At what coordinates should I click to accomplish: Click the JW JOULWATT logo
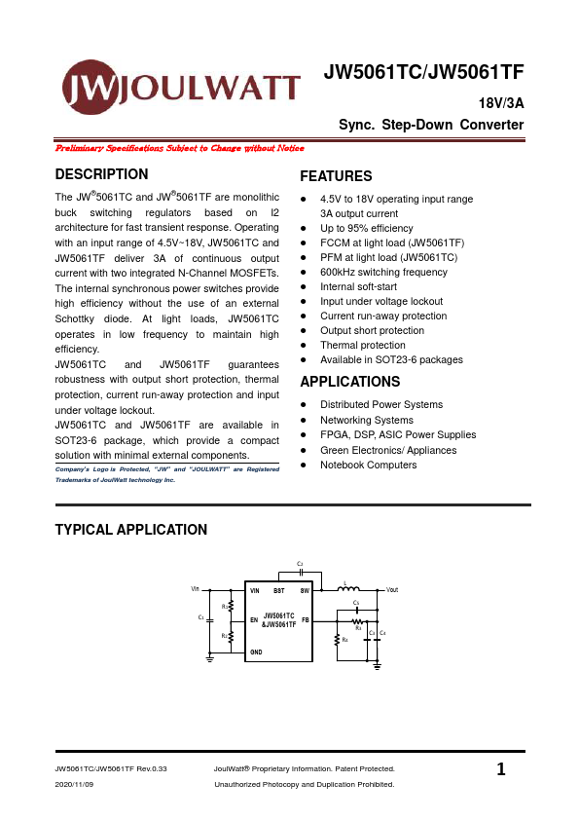[x=181, y=89]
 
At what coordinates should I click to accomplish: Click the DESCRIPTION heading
[x=102, y=174]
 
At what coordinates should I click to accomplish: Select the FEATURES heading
[x=336, y=176]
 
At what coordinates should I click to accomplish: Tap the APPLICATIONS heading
[x=350, y=382]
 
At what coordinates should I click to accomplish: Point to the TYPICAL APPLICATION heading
[x=131, y=530]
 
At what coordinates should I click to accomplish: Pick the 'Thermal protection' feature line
[x=363, y=346]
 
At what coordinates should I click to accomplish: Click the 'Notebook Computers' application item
[x=368, y=465]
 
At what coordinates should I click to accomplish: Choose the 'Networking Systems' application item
[x=367, y=420]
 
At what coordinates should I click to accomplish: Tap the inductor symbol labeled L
[x=347, y=588]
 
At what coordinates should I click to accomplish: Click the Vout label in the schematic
[x=392, y=590]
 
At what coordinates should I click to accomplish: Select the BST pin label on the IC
[x=278, y=591]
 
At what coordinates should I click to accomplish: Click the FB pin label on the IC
[x=305, y=620]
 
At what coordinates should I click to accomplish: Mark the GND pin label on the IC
[x=256, y=651]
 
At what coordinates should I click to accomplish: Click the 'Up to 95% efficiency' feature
[x=367, y=228]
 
